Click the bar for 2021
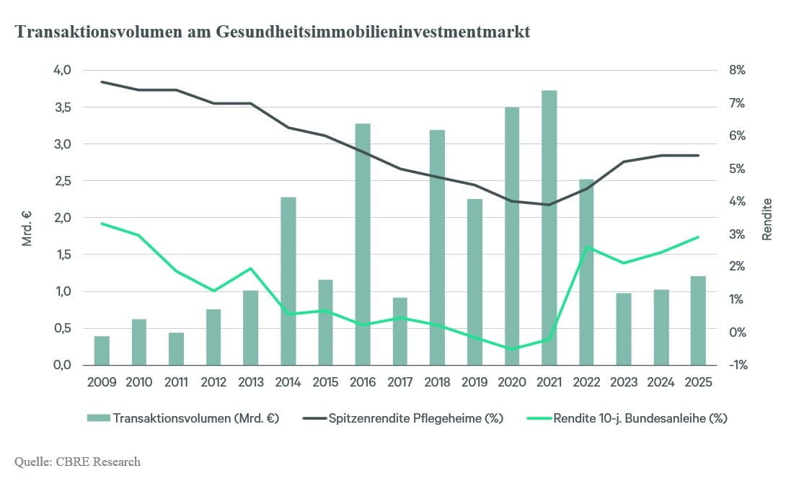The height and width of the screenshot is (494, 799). click(x=549, y=228)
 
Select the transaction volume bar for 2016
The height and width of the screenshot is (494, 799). click(x=363, y=244)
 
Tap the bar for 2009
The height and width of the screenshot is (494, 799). click(x=102, y=350)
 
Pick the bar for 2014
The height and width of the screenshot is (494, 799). click(x=288, y=281)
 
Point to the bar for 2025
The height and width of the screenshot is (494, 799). click(x=698, y=321)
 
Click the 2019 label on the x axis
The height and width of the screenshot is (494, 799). click(x=474, y=381)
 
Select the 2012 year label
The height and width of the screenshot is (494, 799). click(x=213, y=381)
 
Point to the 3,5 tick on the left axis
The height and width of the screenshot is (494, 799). click(x=62, y=107)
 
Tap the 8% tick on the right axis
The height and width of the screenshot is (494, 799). click(x=737, y=70)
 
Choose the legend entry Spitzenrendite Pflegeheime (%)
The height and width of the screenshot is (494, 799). click(x=403, y=418)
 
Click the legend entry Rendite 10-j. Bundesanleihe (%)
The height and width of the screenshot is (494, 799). click(x=627, y=418)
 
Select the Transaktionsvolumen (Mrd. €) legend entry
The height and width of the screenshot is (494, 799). click(x=183, y=418)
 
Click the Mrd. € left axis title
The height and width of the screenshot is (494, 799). click(x=27, y=228)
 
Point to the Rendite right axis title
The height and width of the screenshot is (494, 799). click(x=767, y=219)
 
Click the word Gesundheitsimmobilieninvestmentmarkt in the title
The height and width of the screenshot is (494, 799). click(x=373, y=32)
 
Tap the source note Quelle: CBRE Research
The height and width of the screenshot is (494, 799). click(x=77, y=462)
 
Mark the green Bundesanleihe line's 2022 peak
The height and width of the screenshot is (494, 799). click(x=587, y=247)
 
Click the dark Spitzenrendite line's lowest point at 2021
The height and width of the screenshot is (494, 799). click(x=549, y=205)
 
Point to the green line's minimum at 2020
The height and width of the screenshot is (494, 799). click(x=511, y=349)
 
